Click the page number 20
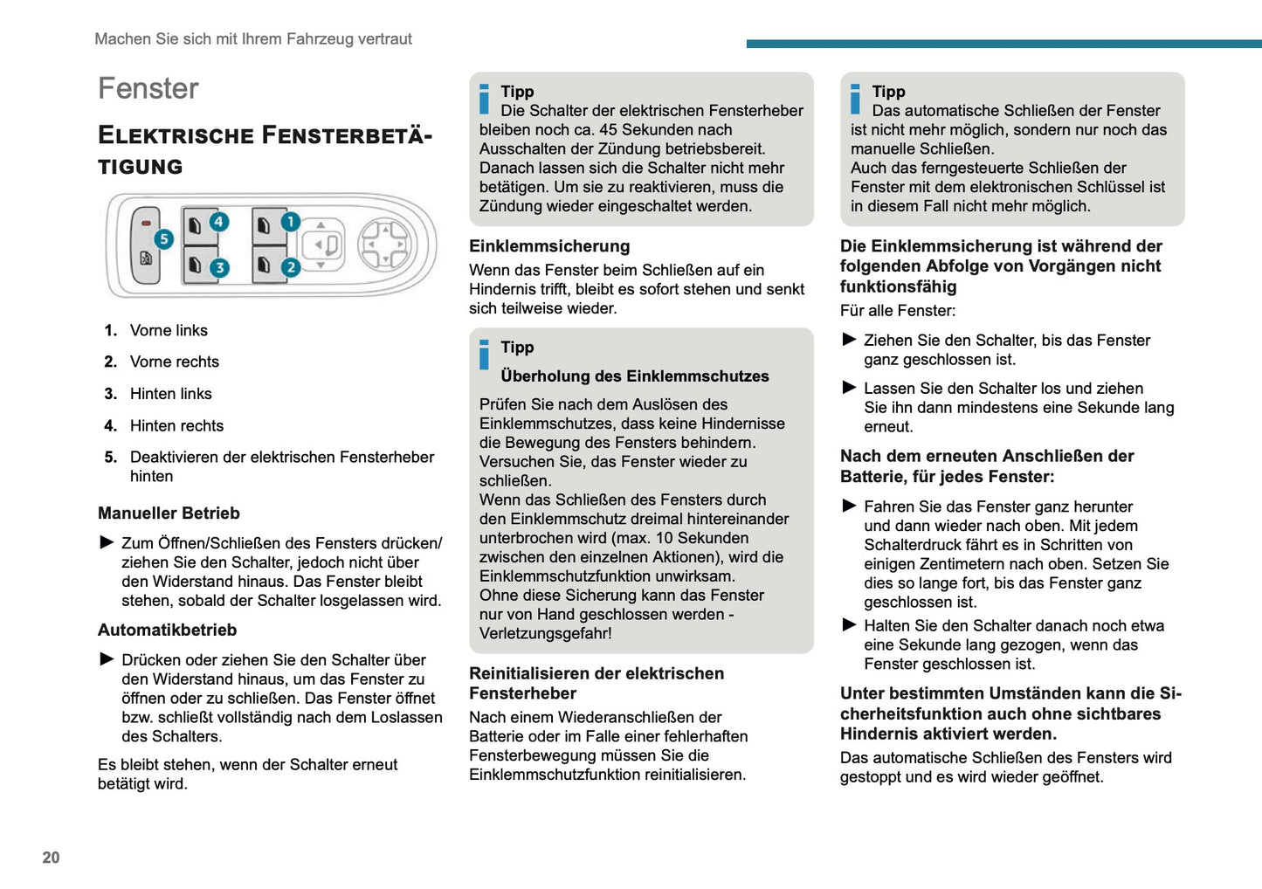52,858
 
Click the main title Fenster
148,88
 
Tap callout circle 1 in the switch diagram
290,222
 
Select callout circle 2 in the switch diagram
291,267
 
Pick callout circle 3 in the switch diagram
219,267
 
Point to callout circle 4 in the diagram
218,222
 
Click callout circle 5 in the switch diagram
163,238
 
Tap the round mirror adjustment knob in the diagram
383,244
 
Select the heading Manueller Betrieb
169,513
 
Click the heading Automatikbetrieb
167,630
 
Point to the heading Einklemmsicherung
549,246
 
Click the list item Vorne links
169,330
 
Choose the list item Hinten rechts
176,425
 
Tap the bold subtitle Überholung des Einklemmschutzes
634,376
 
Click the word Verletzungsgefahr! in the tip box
545,634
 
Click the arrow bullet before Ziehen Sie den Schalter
849,340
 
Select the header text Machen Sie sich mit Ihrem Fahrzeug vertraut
253,38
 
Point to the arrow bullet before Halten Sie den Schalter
849,625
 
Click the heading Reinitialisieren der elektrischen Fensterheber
597,683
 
